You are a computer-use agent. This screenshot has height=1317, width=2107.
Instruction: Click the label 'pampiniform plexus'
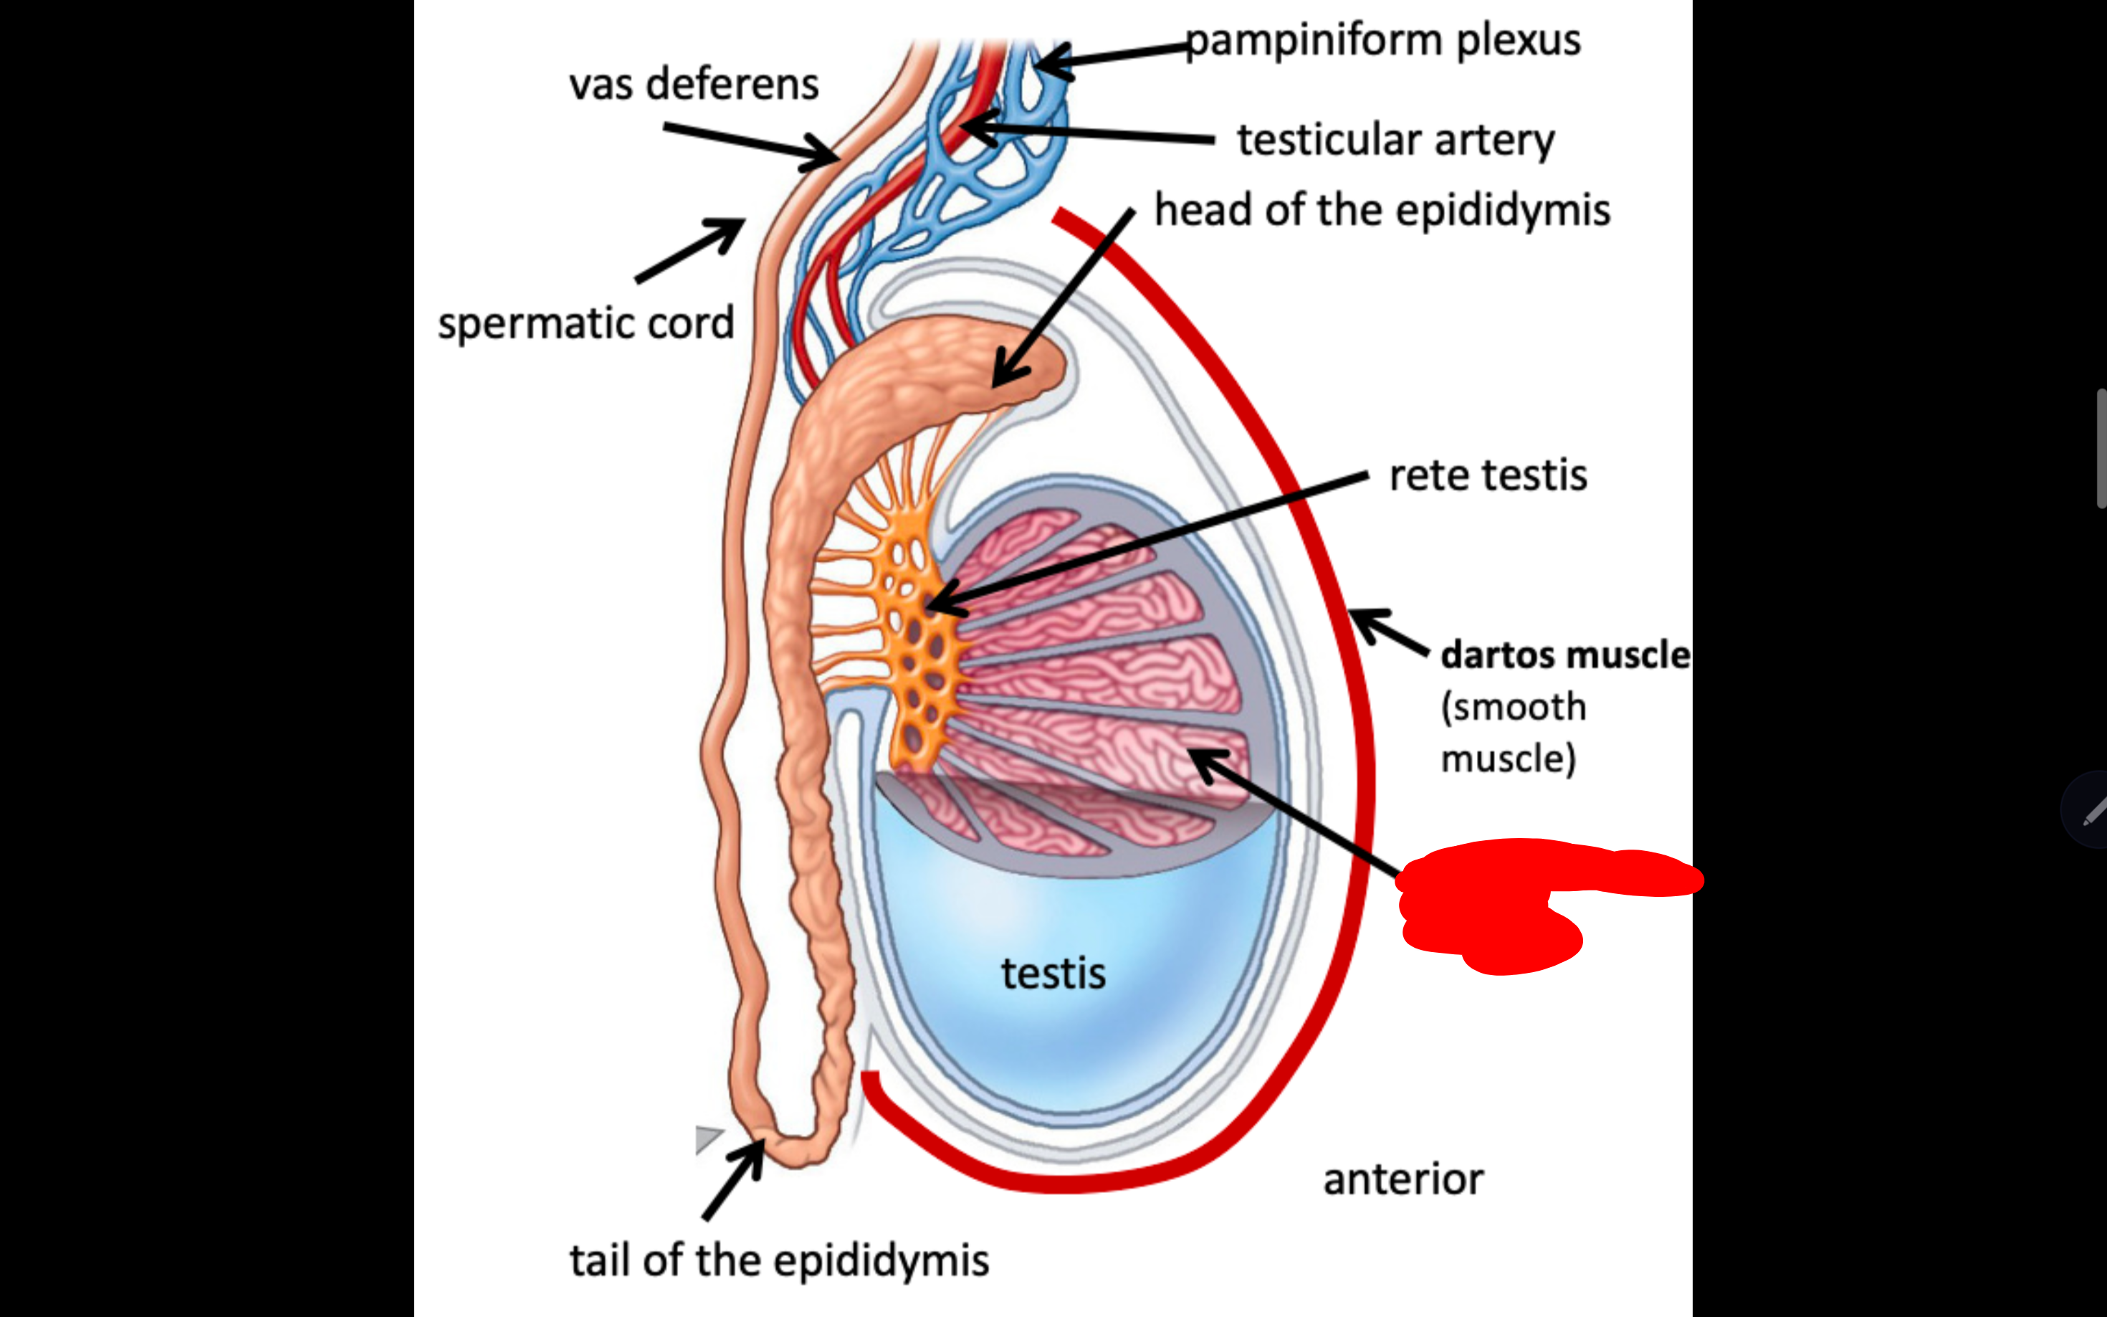click(1382, 41)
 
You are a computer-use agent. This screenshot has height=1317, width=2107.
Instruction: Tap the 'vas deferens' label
click(693, 85)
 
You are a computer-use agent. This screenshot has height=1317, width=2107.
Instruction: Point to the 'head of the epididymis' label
click(1382, 211)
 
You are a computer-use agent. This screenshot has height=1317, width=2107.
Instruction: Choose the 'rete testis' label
click(1487, 475)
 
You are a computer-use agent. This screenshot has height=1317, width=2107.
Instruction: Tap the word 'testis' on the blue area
click(1053, 973)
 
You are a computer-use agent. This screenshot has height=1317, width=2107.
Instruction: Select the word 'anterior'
click(1403, 1179)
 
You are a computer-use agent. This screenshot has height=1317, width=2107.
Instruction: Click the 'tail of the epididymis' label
click(779, 1260)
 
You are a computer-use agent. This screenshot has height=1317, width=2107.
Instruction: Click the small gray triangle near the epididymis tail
click(707, 1138)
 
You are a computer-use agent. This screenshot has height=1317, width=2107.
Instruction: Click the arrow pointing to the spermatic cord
click(689, 250)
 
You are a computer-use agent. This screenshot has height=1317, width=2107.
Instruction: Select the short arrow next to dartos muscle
click(1389, 631)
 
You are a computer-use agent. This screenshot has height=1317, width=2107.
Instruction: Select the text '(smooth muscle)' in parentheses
click(1512, 733)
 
